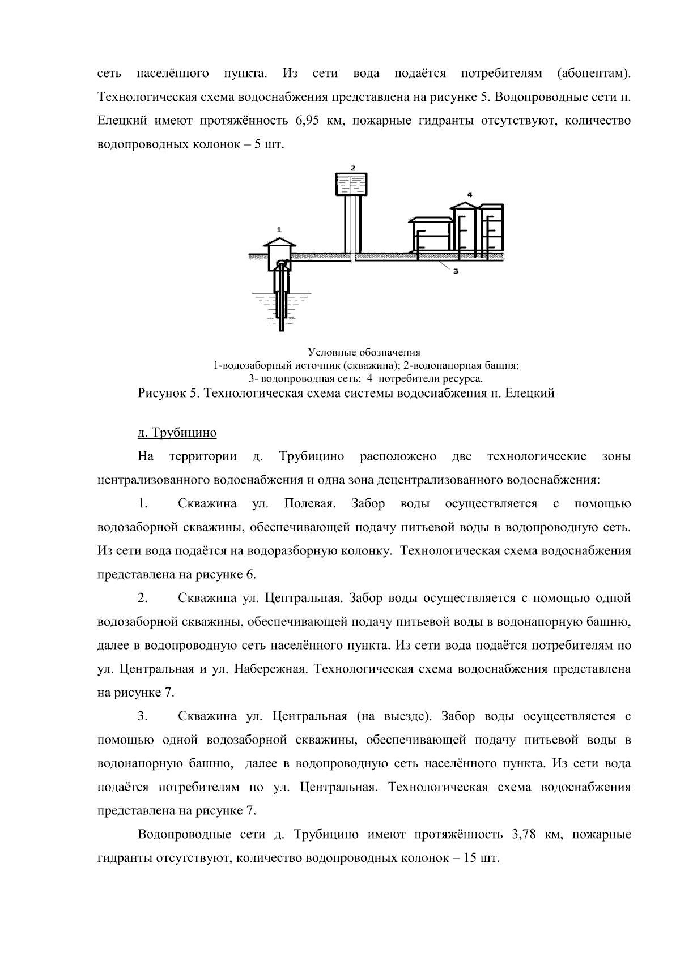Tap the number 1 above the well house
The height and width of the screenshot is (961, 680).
278,229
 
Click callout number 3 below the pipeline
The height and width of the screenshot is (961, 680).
455,271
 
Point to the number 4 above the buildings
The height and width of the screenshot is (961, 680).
469,195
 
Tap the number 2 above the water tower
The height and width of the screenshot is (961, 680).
352,168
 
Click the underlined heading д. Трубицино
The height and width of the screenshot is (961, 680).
177,433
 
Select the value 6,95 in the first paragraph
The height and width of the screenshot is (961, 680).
309,121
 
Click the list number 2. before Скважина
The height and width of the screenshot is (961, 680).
143,598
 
